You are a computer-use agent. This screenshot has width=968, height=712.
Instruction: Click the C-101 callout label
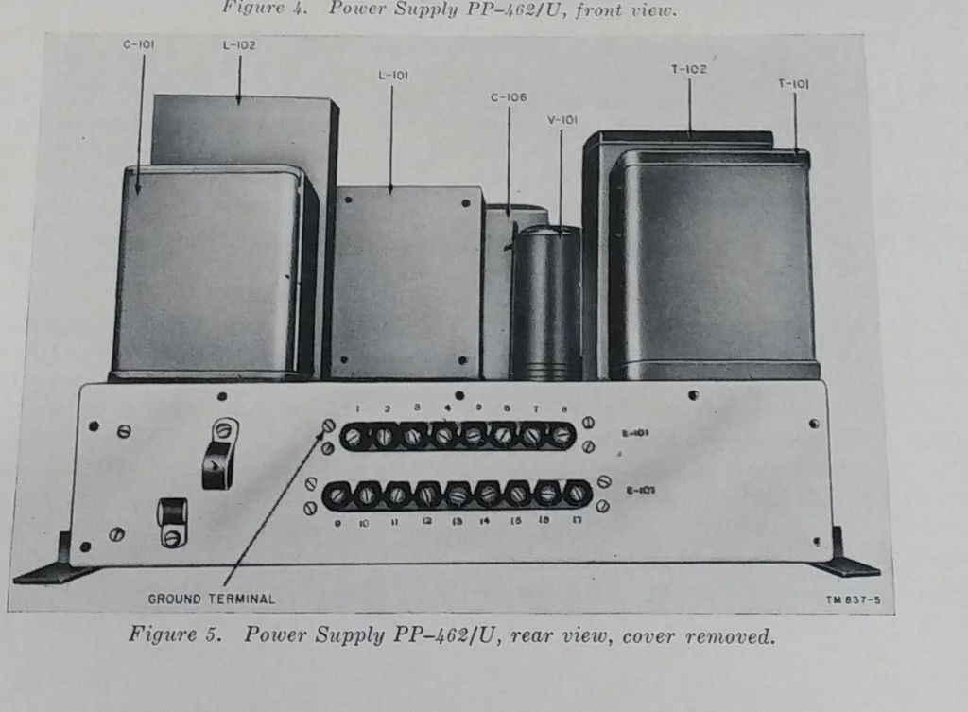click(140, 43)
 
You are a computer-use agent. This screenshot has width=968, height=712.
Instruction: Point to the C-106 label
click(509, 96)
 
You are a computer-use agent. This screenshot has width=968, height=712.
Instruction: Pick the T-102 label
click(688, 69)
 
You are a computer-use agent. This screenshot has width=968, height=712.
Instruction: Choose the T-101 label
click(794, 84)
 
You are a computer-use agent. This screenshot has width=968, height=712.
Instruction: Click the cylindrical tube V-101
click(545, 303)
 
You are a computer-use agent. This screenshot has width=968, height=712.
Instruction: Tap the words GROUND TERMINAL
click(212, 599)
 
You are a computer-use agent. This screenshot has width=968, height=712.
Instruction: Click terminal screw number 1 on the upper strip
click(354, 436)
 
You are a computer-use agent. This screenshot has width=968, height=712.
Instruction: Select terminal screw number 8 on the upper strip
click(562, 435)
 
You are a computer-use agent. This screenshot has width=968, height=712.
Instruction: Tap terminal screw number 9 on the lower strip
click(338, 495)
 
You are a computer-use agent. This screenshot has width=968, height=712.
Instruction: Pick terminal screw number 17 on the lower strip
click(578, 494)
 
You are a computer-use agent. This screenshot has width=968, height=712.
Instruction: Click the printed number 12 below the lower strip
click(427, 521)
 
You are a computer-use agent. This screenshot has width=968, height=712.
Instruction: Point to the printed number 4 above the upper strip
click(447, 408)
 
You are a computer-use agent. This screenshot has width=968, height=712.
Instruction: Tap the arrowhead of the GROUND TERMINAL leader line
click(327, 426)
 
